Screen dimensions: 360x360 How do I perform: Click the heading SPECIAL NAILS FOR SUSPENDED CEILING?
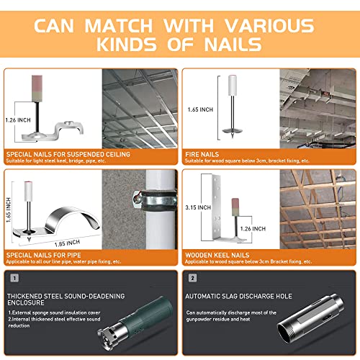click(68, 154)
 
